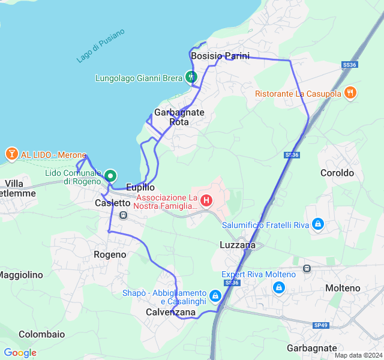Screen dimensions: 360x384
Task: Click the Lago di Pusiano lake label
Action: (x=101, y=46)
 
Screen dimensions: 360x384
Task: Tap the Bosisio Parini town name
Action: (x=220, y=56)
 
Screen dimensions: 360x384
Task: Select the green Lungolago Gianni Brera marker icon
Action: (x=191, y=77)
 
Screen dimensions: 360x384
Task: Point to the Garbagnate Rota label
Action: (x=179, y=117)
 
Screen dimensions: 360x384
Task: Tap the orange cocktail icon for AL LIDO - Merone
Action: (x=11, y=154)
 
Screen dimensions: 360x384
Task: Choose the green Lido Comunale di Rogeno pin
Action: (x=110, y=176)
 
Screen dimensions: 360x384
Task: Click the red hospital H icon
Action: (x=206, y=200)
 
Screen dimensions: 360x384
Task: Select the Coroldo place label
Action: (x=337, y=173)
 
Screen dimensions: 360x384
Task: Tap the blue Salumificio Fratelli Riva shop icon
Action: (x=318, y=225)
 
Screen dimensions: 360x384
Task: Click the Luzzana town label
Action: (x=237, y=245)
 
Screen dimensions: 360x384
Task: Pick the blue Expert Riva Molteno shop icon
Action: (x=278, y=287)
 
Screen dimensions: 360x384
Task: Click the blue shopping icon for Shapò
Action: (x=215, y=296)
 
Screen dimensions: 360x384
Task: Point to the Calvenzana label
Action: (x=170, y=313)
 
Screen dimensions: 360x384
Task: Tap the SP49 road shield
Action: (x=321, y=325)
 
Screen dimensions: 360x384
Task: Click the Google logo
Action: (x=20, y=353)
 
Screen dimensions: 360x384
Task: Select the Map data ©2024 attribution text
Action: (x=358, y=355)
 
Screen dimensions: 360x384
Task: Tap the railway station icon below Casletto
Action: (x=124, y=215)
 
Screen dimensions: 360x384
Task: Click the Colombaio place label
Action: (x=41, y=334)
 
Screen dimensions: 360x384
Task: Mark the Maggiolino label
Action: (x=21, y=275)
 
